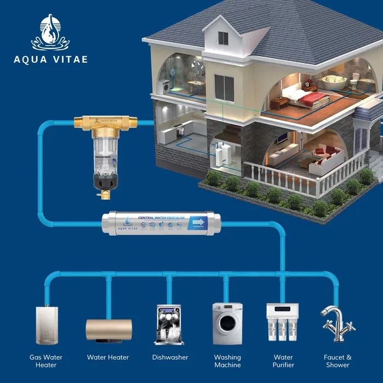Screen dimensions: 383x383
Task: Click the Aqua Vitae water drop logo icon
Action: [x=50, y=32]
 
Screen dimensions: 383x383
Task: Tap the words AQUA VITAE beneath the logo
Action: [x=50, y=59]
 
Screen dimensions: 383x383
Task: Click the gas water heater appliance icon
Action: [x=47, y=325]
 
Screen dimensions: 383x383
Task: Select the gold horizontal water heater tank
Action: [x=108, y=328]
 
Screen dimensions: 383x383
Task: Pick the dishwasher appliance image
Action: [x=170, y=324]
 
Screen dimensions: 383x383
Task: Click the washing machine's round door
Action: [x=227, y=325]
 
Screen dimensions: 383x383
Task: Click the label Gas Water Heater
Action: [x=46, y=361]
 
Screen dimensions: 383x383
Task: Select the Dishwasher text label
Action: [x=170, y=357]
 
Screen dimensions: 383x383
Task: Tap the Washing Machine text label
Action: [x=227, y=361]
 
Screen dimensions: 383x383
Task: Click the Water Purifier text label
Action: [x=283, y=361]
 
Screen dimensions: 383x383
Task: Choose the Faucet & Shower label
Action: [x=338, y=361]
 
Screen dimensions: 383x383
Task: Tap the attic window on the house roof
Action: [x=223, y=38]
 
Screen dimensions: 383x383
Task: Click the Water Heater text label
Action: [x=108, y=357]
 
